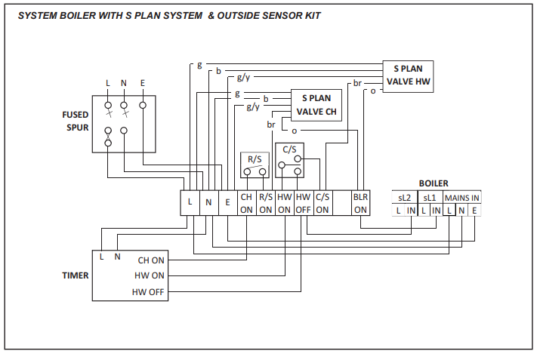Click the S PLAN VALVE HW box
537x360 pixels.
tap(408, 75)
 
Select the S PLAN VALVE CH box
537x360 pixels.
tap(316, 106)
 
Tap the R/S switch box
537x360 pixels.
tap(255, 165)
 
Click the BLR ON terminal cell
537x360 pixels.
tap(360, 202)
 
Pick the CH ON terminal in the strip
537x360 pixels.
tap(246, 202)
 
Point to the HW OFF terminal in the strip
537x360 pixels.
tap(303, 202)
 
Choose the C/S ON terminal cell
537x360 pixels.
tap(323, 202)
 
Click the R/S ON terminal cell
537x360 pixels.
tap(266, 202)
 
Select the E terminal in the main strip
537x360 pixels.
tap(227, 202)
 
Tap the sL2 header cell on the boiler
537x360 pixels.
tap(406, 198)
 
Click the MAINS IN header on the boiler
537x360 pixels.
tap(461, 198)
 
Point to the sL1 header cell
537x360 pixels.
tap(430, 198)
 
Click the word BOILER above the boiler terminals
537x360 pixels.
tap(434, 183)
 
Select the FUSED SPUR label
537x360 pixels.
tap(75, 121)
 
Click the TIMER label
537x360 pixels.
tap(75, 275)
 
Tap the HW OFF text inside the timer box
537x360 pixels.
tap(149, 291)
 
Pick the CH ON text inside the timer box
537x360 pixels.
tap(151, 260)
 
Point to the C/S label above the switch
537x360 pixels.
tap(289, 149)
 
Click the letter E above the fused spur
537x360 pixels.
tap(143, 82)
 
